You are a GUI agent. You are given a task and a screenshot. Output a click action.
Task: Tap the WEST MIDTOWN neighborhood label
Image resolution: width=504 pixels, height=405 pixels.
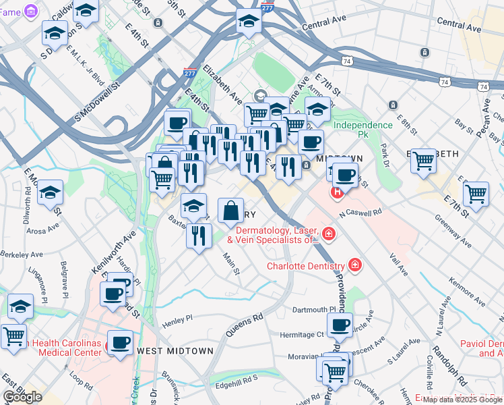[175, 351]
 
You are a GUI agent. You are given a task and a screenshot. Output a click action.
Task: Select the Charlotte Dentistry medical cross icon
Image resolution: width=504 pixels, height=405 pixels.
[354, 265]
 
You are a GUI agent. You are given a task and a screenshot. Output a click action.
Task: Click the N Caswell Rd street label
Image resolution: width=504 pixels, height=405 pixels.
[360, 211]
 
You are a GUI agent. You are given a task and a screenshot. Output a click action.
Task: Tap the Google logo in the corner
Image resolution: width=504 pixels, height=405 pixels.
[22, 397]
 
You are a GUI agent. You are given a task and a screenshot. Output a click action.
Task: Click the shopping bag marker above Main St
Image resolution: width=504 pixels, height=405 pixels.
[230, 210]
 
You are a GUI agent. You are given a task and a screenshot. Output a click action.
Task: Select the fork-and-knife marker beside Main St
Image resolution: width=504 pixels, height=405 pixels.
[199, 236]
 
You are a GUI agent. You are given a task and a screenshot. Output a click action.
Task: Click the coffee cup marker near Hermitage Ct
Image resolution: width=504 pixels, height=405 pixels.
[340, 325]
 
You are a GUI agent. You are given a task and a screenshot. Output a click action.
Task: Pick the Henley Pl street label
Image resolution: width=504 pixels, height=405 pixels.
[177, 317]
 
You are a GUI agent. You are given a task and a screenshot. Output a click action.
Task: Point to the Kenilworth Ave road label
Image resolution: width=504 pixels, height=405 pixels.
[104, 252]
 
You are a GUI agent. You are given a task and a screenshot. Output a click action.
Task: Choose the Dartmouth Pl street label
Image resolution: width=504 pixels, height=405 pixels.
[309, 309]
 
